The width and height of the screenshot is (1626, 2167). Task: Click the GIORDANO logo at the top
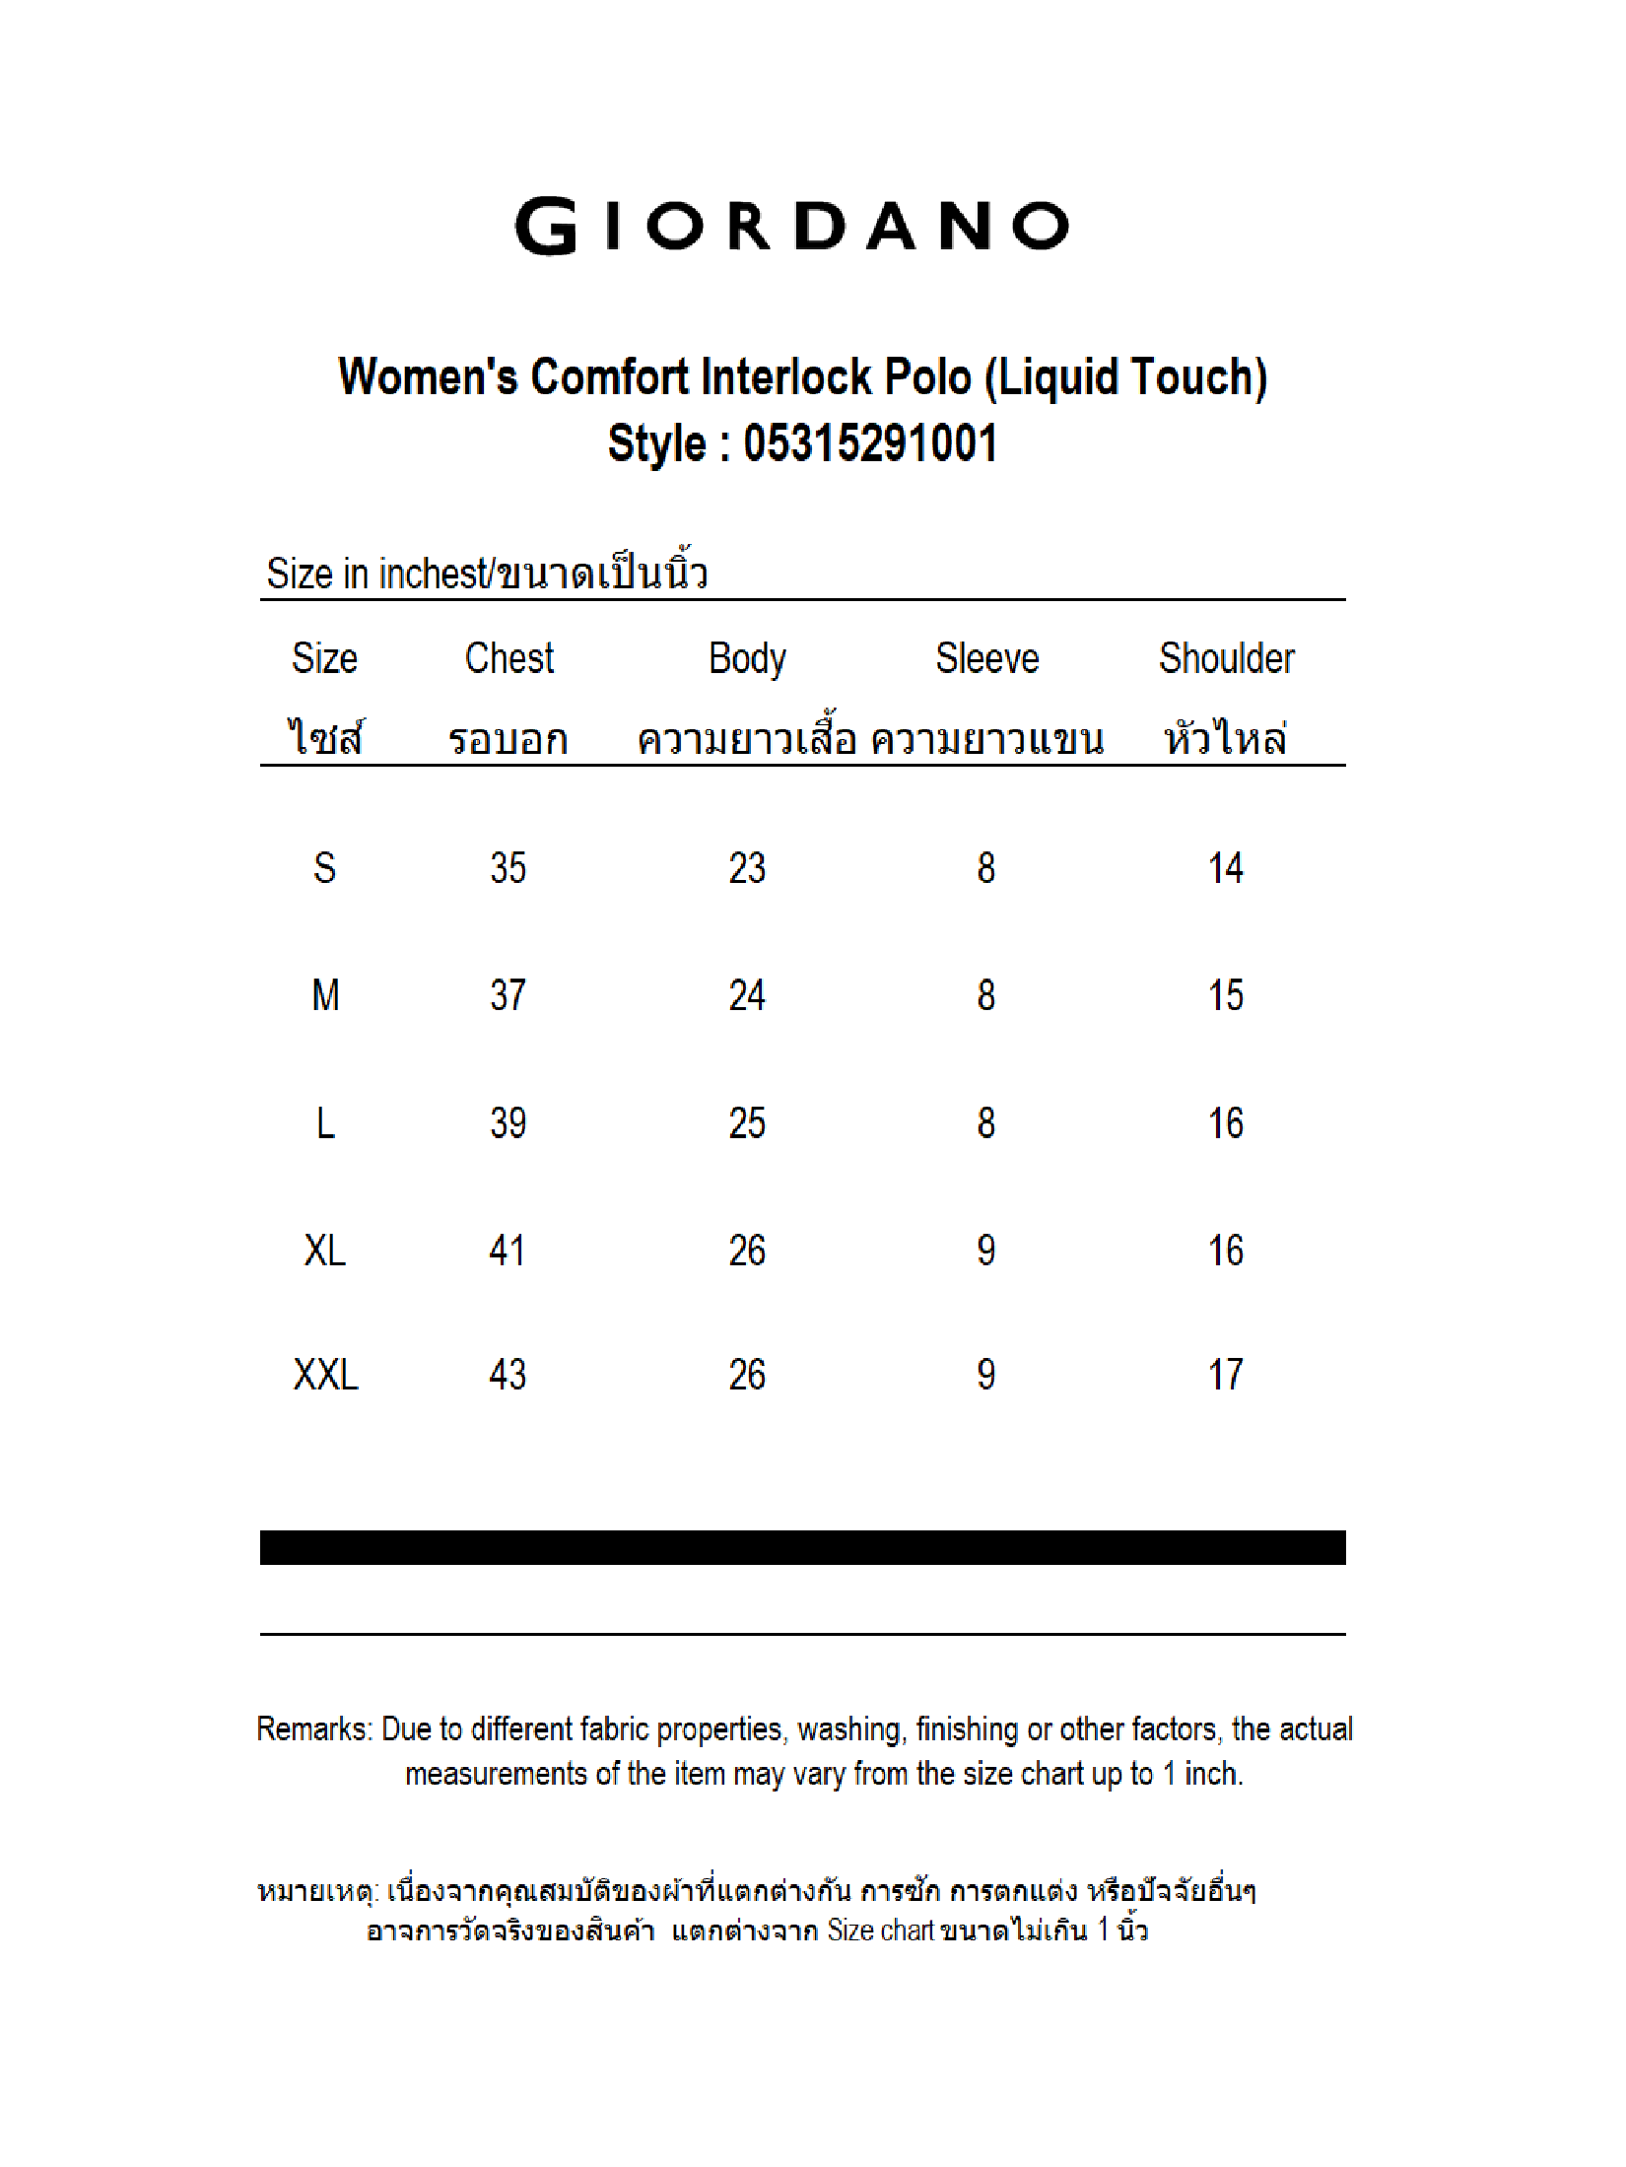(x=792, y=226)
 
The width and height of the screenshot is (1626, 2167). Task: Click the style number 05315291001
(x=870, y=442)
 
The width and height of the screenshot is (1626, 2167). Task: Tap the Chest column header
(x=508, y=658)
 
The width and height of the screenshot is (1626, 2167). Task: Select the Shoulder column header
(x=1226, y=658)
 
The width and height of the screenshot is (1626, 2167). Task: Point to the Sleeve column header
(x=986, y=658)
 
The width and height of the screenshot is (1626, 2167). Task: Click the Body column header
(x=747, y=659)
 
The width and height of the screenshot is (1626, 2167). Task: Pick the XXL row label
(x=325, y=1374)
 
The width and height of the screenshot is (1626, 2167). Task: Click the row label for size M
(x=325, y=995)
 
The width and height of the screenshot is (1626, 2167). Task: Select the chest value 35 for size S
(x=508, y=868)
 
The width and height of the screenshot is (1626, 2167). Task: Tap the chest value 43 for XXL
(x=508, y=1374)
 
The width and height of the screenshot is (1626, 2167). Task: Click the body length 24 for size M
(x=747, y=995)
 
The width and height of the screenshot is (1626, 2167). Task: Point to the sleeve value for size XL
(x=986, y=1251)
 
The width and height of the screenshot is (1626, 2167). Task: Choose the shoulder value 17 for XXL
(x=1226, y=1374)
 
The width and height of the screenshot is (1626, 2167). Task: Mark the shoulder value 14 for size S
(x=1226, y=868)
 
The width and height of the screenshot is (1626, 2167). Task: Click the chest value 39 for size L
(x=508, y=1123)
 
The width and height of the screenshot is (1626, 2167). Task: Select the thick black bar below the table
(x=802, y=1547)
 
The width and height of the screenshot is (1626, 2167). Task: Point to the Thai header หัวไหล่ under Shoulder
(x=1225, y=738)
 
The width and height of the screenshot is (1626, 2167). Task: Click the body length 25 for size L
(x=747, y=1123)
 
